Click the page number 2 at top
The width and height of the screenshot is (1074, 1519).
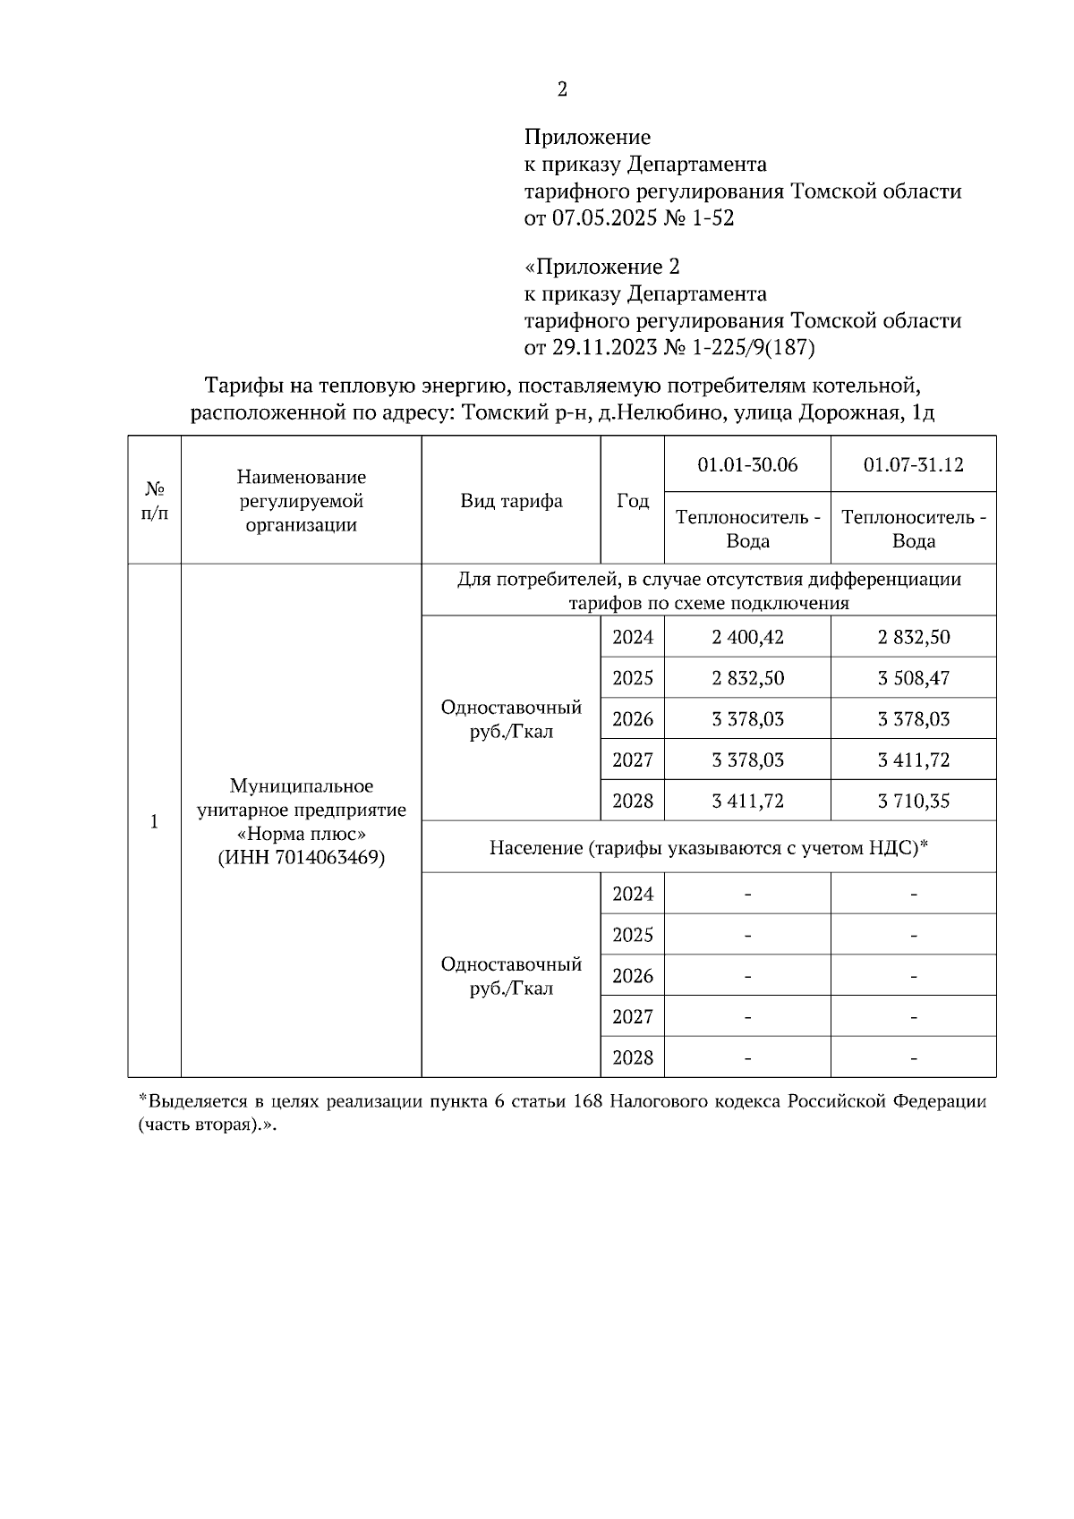tap(562, 89)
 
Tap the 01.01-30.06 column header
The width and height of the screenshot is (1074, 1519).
tap(747, 465)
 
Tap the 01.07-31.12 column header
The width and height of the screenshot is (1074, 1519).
tap(913, 465)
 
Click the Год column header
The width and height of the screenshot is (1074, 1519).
tap(633, 501)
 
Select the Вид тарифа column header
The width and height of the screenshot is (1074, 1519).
tap(511, 501)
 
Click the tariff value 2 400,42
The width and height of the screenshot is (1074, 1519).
tap(747, 638)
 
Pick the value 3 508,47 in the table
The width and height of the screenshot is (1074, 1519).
tap(913, 678)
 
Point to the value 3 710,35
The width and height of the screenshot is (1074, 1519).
tap(913, 801)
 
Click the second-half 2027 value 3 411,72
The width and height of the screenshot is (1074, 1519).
tap(913, 760)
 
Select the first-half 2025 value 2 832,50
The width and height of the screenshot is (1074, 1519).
tap(747, 678)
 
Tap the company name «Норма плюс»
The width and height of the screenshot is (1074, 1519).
tap(302, 834)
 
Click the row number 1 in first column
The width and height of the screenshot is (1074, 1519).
tap(155, 821)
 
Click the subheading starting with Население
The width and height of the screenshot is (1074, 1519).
tap(708, 847)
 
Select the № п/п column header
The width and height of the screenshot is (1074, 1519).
tap(155, 501)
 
